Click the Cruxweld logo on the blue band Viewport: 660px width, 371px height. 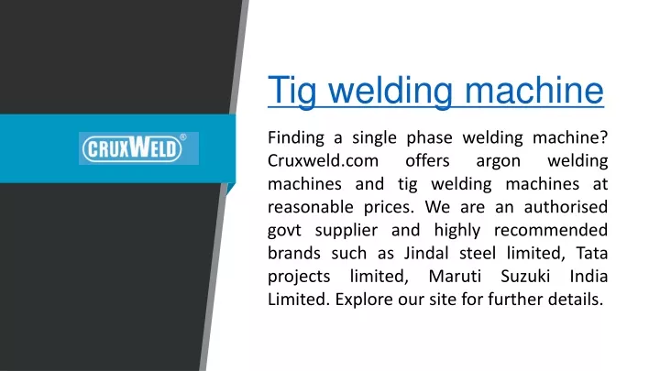pyautogui.click(x=138, y=148)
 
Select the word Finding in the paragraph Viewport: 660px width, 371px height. pyautogui.click(x=296, y=138)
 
